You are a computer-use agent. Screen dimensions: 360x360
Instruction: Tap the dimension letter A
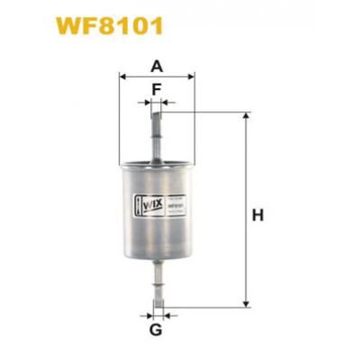[157, 66]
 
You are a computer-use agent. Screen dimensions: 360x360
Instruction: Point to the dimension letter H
[258, 215]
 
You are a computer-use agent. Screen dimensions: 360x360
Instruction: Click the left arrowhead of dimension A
[122, 77]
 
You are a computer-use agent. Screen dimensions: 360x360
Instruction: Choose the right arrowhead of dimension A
[191, 77]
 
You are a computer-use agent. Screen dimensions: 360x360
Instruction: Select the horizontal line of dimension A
[157, 77]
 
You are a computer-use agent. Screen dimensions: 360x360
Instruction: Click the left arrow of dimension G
[148, 315]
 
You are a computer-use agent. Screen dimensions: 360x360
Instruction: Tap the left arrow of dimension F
[146, 103]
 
